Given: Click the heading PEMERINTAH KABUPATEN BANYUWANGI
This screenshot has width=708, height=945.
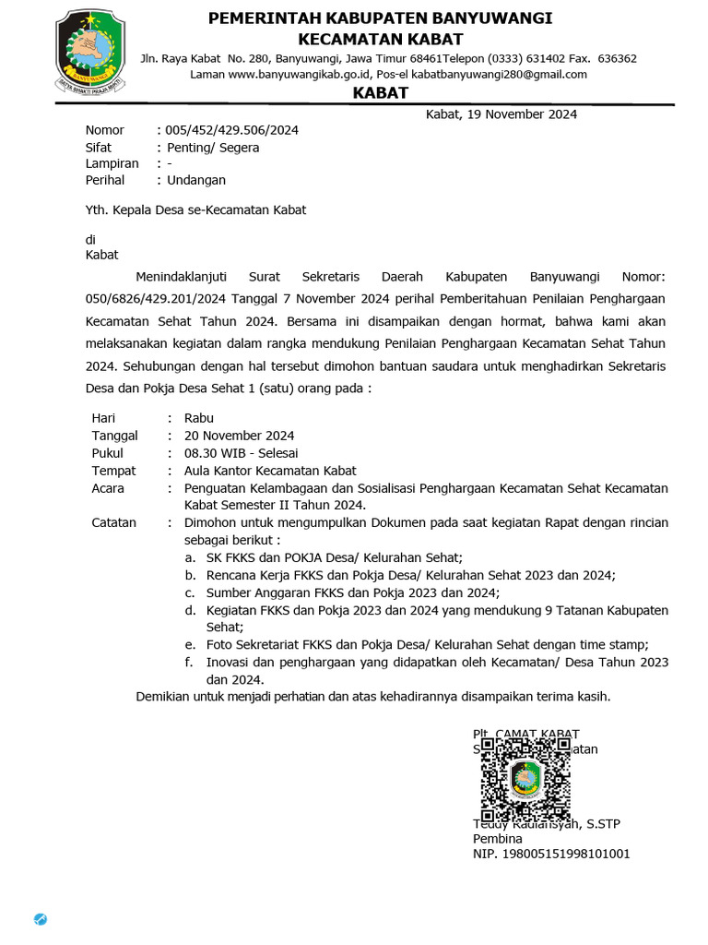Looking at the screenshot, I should (x=380, y=18).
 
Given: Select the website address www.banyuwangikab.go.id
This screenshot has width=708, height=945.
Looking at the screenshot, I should (x=291, y=75).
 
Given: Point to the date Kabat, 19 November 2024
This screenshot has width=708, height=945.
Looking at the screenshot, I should (x=501, y=114).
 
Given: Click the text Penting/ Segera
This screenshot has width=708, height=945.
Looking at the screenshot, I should (x=212, y=148).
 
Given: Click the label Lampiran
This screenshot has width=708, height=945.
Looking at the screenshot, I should (x=112, y=163).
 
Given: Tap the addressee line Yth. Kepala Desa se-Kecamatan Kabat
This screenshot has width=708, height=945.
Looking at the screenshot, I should (x=195, y=209).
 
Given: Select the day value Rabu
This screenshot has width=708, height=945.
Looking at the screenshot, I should (x=199, y=418).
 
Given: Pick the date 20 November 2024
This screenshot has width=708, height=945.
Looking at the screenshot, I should (x=239, y=436).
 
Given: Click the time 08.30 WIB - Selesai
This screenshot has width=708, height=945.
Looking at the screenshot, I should (x=241, y=453).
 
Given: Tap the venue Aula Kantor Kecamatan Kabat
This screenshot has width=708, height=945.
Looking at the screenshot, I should (x=270, y=471).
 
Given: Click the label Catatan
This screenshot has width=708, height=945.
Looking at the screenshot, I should (x=114, y=522).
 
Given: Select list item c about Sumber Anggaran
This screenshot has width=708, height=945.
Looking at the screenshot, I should (x=352, y=592).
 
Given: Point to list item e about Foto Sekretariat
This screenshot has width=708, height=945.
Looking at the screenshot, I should (x=427, y=644).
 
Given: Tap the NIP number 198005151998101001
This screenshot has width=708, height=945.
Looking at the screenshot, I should (x=551, y=855).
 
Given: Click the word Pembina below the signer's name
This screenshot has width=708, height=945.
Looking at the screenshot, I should (x=497, y=839).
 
